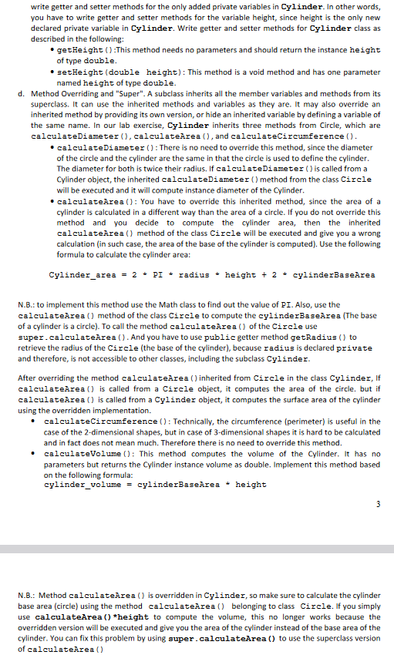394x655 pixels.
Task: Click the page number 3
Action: (x=378, y=505)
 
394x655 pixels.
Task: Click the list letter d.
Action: (x=19, y=92)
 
